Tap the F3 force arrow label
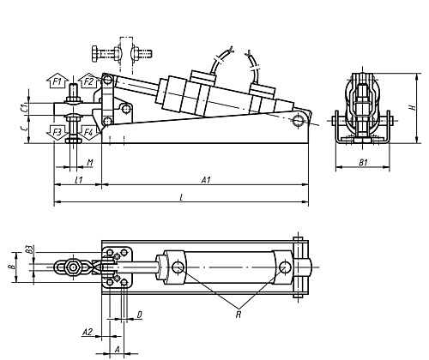(57, 133)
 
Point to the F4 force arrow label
(89, 133)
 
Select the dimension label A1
(205, 181)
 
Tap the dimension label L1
(78, 181)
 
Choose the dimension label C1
(23, 108)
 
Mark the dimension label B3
(28, 250)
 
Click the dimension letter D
(139, 315)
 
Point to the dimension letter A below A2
(117, 350)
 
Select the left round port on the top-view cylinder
(178, 267)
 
